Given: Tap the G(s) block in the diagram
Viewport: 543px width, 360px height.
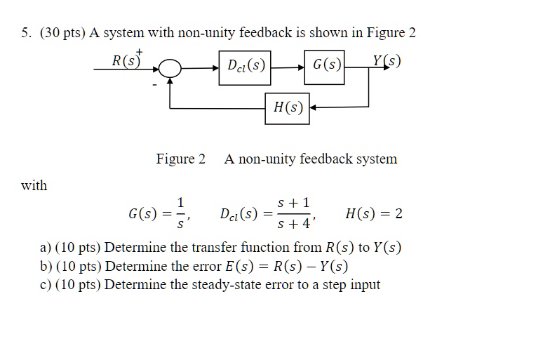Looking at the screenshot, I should click(327, 67).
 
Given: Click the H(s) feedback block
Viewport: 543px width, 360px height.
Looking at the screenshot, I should click(287, 108).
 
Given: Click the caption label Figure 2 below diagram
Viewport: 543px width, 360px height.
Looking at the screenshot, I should click(180, 159).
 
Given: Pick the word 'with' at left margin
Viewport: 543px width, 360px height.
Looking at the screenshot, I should click(34, 186).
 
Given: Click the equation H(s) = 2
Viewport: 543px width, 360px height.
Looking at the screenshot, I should click(374, 214).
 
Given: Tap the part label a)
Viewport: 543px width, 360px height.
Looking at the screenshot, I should click(46, 248).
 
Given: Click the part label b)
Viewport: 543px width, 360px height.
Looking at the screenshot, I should click(46, 267).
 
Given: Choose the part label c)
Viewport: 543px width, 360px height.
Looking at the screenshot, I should click(46, 285).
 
